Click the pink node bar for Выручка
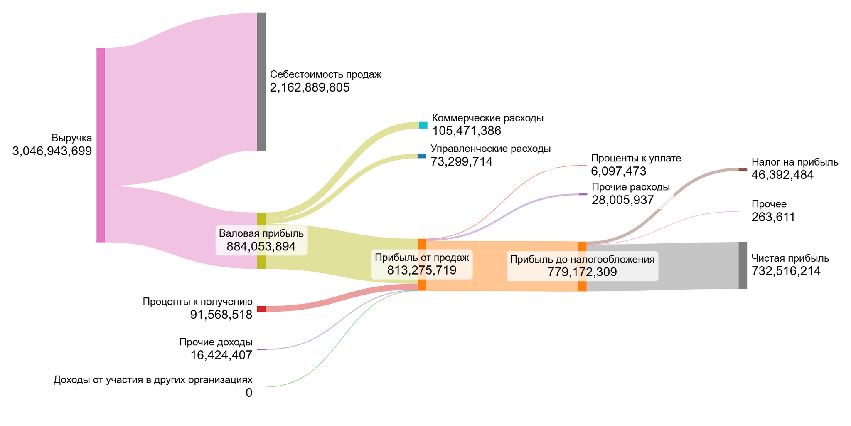point(101,145)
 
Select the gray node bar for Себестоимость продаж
point(261,82)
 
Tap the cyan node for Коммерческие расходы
point(423,125)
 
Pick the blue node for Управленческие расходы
point(422,156)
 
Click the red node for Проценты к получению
point(261,309)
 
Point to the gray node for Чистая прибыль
point(743,265)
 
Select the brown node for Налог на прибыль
point(743,169)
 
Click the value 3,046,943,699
point(52,151)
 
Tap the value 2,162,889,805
point(310,88)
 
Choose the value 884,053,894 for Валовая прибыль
point(261,247)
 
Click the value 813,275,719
point(422,270)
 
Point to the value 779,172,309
point(582,272)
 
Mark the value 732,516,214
point(786,271)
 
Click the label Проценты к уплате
point(636,158)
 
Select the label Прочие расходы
point(630,187)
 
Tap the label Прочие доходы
point(216,342)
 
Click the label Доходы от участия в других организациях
point(152,380)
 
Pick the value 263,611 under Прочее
point(773,217)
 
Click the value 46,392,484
point(782,175)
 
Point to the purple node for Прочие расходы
point(583,194)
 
